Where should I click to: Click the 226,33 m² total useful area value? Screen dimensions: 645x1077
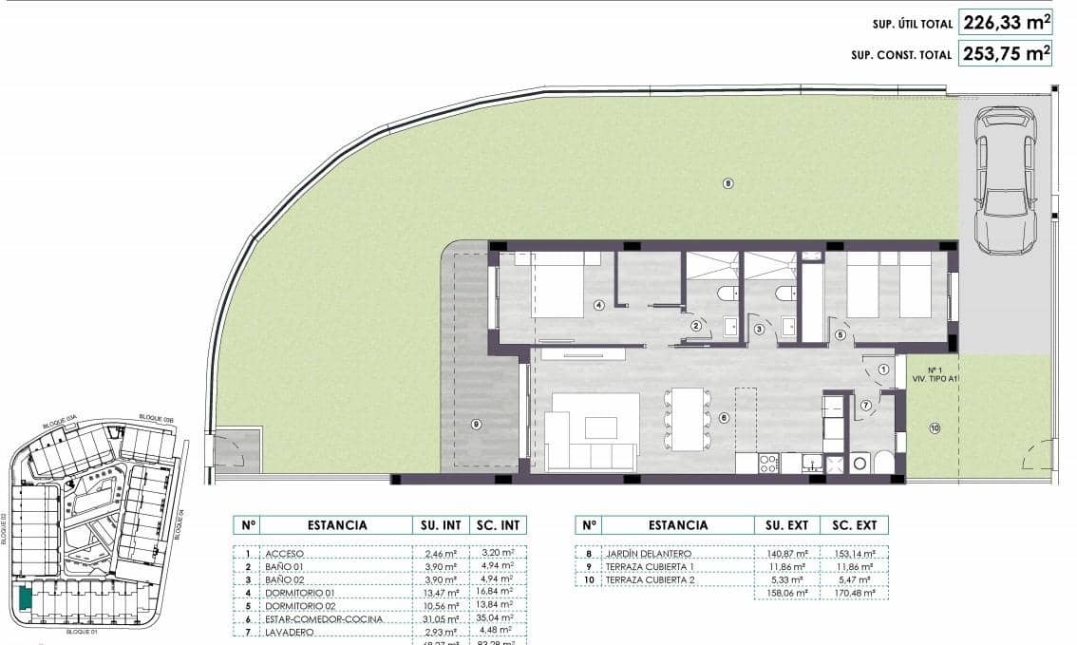pyautogui.click(x=1007, y=22)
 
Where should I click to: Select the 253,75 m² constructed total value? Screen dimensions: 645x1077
pyautogui.click(x=1007, y=53)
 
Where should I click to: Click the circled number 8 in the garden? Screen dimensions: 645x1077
pyautogui.click(x=727, y=183)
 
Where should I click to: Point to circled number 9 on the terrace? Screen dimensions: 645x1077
pyautogui.click(x=476, y=424)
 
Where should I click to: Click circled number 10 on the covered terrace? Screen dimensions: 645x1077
pyautogui.click(x=935, y=428)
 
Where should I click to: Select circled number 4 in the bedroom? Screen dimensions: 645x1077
pyautogui.click(x=598, y=305)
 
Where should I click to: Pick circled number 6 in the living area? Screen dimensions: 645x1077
pyautogui.click(x=724, y=417)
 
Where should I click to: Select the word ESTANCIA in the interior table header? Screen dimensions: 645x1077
pyautogui.click(x=337, y=524)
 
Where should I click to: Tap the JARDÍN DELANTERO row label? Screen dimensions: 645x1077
pyautogui.click(x=652, y=553)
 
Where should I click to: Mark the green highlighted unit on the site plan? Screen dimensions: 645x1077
pyautogui.click(x=24, y=598)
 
